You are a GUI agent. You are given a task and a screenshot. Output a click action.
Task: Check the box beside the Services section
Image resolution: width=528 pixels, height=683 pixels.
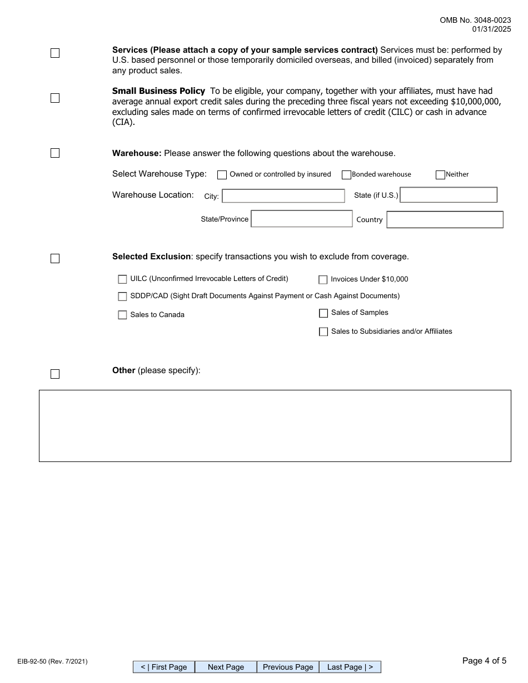55,53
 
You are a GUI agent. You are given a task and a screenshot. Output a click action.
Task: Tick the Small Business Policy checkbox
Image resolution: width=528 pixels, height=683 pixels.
55,98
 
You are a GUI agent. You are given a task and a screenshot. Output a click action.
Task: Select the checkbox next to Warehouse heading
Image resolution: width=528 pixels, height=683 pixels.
55,153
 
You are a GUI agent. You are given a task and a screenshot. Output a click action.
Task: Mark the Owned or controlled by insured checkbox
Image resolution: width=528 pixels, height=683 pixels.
222,175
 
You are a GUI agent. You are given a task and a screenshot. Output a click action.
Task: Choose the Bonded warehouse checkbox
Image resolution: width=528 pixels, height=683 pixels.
346,175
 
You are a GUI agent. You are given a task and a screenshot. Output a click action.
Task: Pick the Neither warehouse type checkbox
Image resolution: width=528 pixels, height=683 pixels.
441,175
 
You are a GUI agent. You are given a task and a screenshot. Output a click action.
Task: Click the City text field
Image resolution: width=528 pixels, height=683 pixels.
283,196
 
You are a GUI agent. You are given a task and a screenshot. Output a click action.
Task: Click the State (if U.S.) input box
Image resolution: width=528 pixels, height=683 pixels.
449,195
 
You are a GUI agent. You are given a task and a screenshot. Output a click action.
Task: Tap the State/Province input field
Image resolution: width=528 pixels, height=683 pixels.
302,219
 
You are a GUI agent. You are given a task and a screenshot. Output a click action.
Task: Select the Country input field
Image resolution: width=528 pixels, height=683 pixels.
445,220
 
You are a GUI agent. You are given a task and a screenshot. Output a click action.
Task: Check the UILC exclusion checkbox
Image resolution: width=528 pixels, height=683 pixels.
122,279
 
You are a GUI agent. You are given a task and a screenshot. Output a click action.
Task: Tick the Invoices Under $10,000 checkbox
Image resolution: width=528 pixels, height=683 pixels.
323,280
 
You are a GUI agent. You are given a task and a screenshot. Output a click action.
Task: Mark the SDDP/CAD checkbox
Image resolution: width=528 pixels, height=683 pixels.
122,297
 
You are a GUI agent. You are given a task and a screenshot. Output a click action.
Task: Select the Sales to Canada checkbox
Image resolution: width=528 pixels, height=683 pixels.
122,315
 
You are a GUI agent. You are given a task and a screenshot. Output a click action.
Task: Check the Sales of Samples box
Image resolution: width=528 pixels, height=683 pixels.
323,313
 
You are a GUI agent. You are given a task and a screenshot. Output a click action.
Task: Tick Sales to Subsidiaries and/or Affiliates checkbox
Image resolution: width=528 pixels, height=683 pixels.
323,332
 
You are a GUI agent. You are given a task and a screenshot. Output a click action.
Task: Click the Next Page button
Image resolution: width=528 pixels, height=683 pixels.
226,667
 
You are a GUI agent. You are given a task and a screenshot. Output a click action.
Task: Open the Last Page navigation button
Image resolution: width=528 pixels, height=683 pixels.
350,667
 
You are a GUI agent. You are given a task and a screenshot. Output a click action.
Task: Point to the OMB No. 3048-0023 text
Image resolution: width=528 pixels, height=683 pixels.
475,20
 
